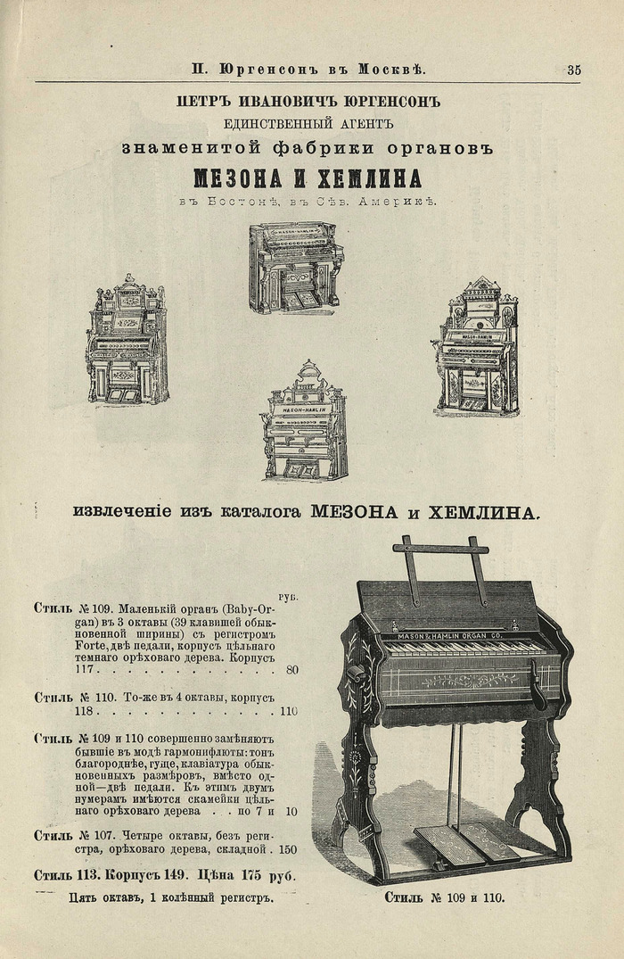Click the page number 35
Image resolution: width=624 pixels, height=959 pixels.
pos(574,70)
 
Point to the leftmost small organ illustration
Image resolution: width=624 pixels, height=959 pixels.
pos(127,340)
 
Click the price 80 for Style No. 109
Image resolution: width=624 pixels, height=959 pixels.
pos(293,670)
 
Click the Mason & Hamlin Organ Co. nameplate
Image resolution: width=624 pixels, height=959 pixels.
pos(450,635)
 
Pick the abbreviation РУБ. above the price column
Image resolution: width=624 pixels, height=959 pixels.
pos(288,596)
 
